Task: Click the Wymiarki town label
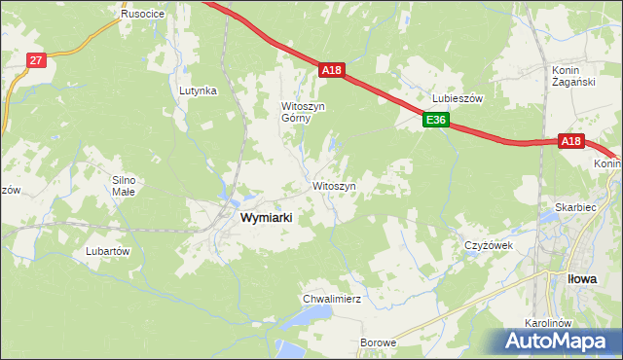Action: point(266,219)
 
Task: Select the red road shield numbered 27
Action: point(36,60)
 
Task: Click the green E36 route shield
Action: point(435,121)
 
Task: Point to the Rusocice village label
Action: point(142,15)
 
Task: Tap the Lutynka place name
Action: point(198,90)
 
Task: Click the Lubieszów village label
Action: point(458,98)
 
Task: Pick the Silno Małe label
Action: point(128,186)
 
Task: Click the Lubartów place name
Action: point(108,250)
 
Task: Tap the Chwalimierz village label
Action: point(332,299)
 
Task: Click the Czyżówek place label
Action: point(488,245)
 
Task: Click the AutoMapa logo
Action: point(559,341)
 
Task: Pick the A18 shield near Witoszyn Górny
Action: point(332,70)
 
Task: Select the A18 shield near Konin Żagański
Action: point(571,141)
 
